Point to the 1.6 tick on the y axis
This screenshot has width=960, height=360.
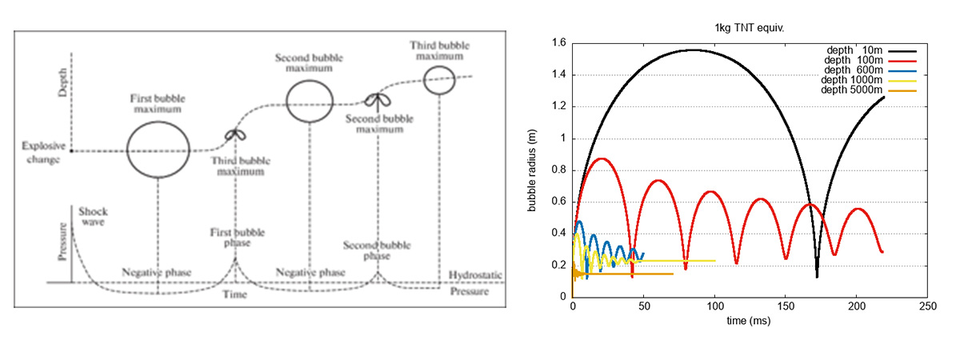pos(559,43)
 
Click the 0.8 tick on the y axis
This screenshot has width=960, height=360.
pos(559,170)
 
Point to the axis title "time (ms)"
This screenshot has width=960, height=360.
pos(750,320)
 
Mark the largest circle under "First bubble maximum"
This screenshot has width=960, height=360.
pos(158,149)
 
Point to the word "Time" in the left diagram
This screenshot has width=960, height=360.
pos(236,295)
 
